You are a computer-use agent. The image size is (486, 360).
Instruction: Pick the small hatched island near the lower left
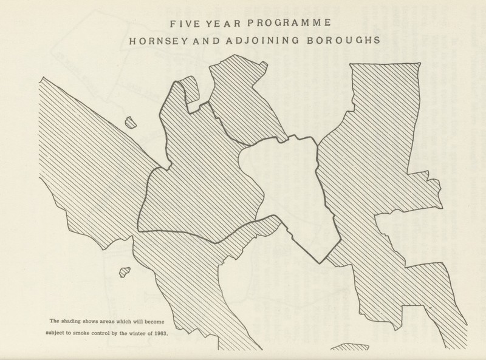[125, 274]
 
